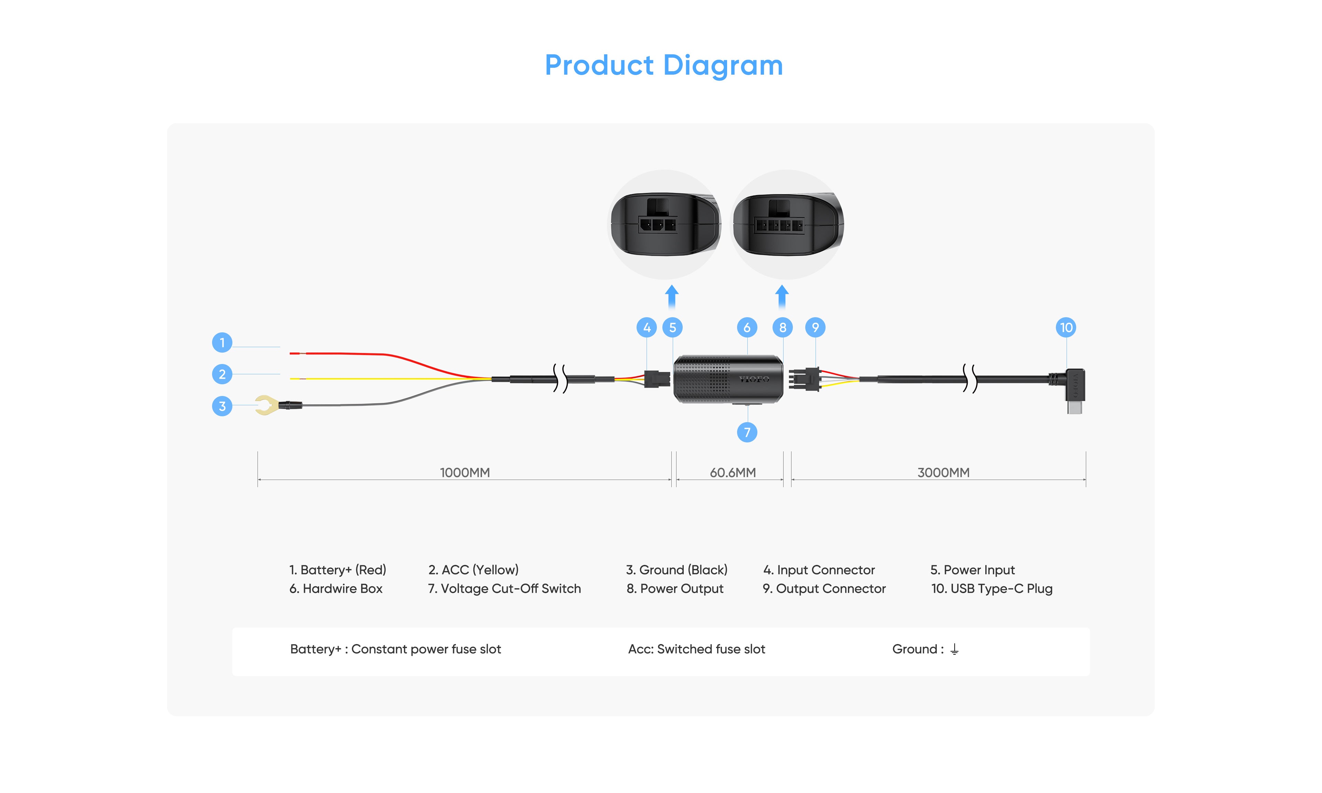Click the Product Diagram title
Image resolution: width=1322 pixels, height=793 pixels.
coord(663,65)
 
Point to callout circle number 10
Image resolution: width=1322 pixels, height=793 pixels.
coord(1066,328)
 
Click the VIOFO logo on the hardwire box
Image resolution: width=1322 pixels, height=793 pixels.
coord(753,379)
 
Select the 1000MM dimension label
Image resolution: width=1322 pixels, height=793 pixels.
coord(464,472)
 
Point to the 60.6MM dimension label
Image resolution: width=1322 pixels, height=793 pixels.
coord(732,472)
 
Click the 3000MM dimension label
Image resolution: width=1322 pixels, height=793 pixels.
coord(943,472)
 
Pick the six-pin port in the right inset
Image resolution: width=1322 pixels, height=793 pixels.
coord(778,225)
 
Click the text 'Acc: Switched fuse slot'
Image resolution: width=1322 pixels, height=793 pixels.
coord(696,649)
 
